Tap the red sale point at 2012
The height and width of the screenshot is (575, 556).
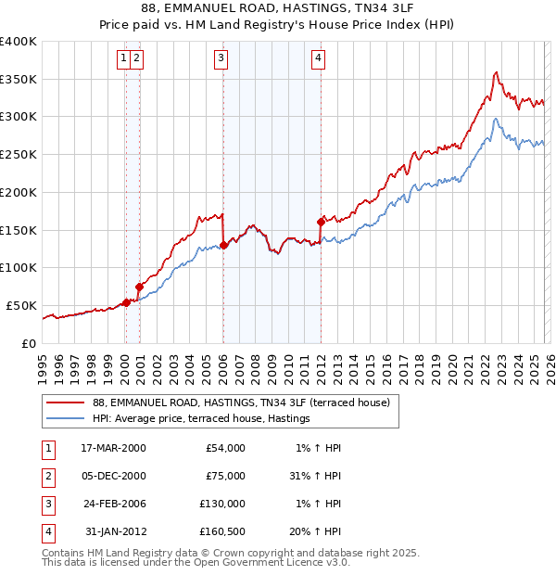[x=321, y=222]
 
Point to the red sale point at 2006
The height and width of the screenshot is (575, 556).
[x=223, y=245]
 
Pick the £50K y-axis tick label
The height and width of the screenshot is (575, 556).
[x=21, y=305]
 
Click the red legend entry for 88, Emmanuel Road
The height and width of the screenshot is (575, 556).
[x=246, y=402]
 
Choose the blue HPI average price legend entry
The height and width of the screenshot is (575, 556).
[x=201, y=419]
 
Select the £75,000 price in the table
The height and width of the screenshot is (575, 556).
[x=225, y=476]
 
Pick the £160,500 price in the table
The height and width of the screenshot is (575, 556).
[x=222, y=531]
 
